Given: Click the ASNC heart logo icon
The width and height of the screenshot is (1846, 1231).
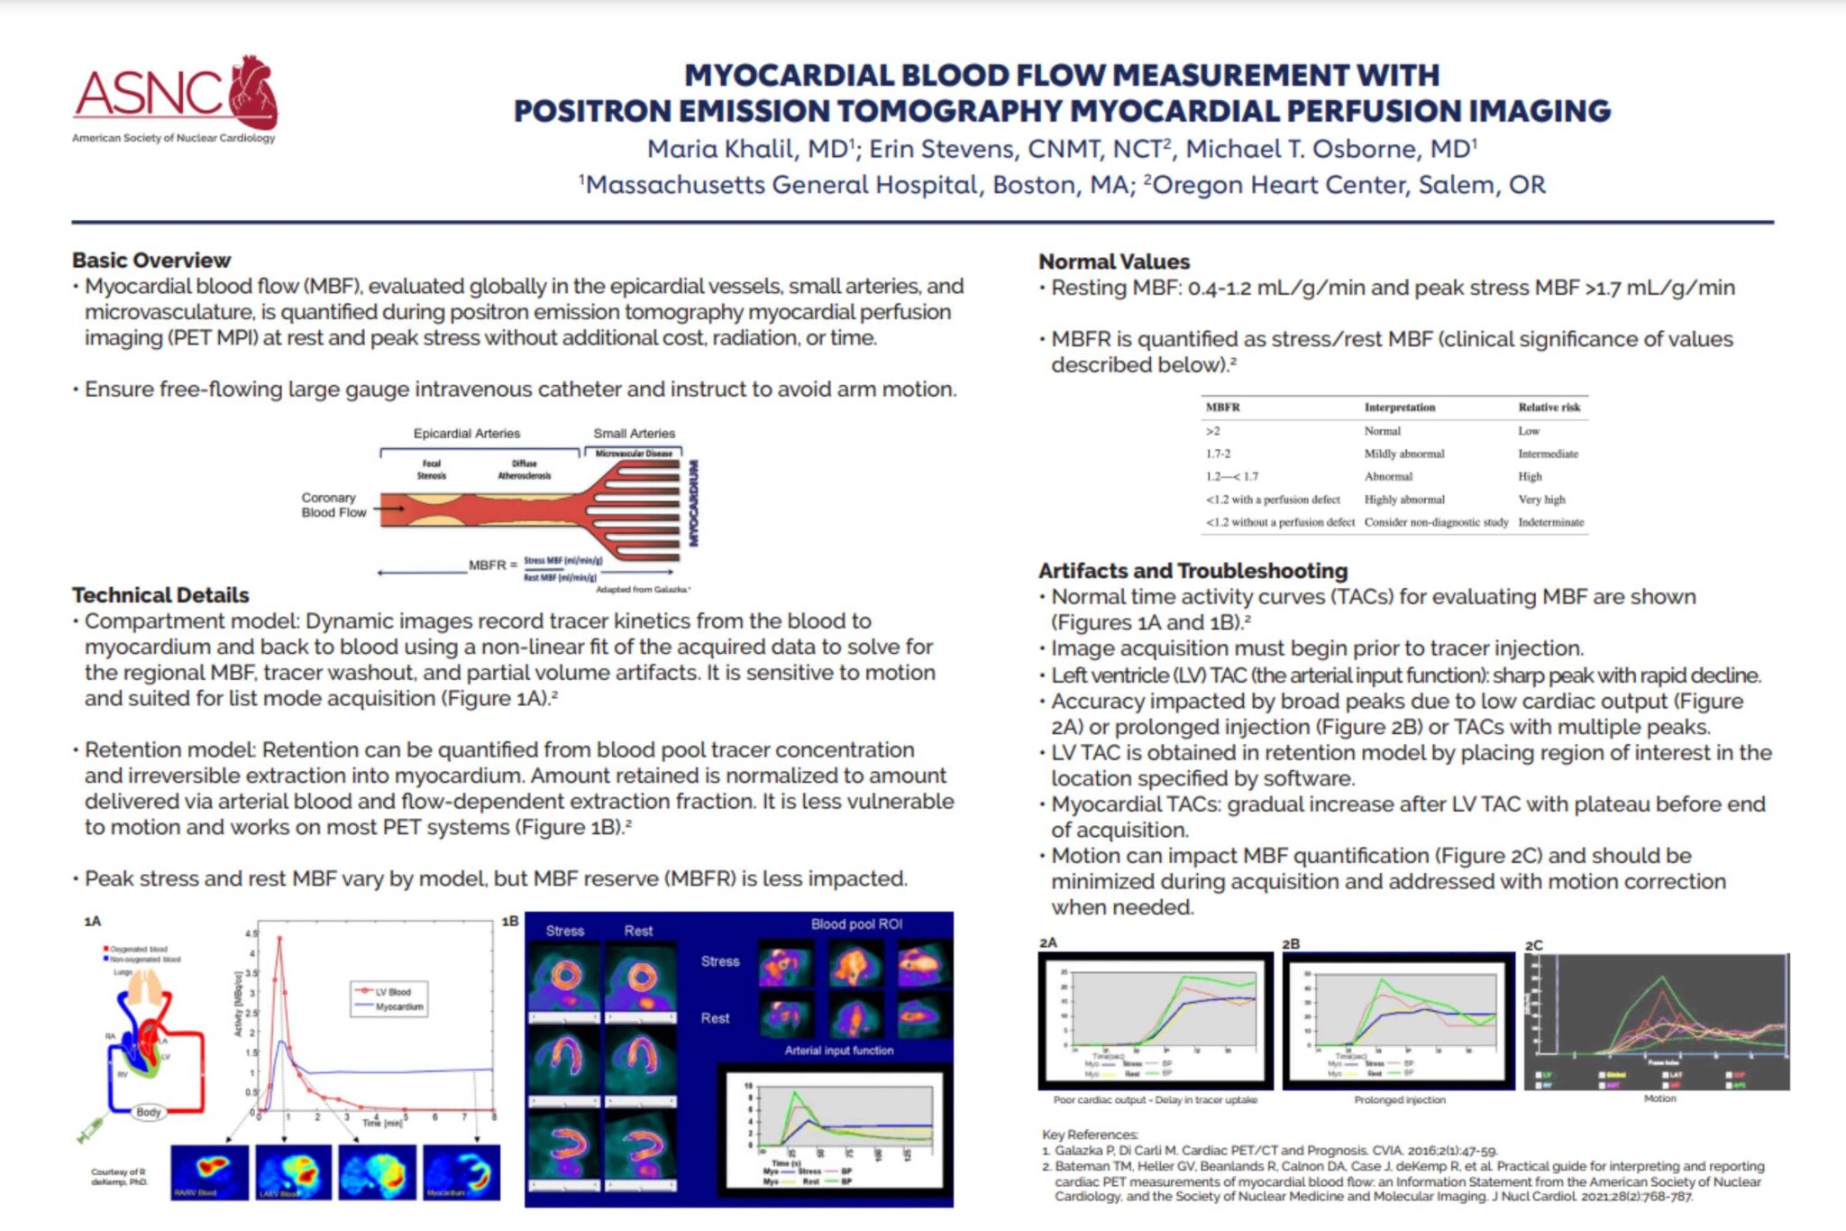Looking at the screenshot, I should [253, 91].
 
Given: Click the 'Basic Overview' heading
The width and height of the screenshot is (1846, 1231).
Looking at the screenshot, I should [151, 261].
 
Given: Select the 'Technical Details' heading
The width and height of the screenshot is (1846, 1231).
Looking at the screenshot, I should [160, 595].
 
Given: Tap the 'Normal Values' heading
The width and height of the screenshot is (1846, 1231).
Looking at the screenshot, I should [1114, 262].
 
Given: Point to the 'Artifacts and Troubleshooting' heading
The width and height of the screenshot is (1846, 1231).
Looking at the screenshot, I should [1193, 571].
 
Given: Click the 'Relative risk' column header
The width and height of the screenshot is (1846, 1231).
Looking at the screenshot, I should [1549, 408].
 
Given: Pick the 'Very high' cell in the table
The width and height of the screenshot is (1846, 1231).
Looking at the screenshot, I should [1541, 500].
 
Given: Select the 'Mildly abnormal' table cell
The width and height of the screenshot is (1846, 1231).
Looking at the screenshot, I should [1403, 454].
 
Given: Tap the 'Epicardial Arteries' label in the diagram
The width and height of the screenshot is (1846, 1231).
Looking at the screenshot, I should [466, 434].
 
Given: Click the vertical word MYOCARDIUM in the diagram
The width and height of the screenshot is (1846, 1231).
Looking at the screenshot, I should [694, 503].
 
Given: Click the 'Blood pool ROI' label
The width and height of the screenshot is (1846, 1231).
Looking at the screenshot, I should [855, 924].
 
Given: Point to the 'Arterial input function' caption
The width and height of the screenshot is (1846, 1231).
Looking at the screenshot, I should [838, 1051].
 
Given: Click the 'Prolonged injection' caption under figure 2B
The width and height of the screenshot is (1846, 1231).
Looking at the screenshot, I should [1399, 1100].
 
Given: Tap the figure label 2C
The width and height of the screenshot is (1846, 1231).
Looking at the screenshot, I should [1533, 945].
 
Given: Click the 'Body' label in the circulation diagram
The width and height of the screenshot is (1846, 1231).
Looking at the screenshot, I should [148, 1112].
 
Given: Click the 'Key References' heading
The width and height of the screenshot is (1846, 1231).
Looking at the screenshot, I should [1089, 1135].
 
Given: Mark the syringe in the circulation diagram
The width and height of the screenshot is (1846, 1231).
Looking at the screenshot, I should [92, 1128].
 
